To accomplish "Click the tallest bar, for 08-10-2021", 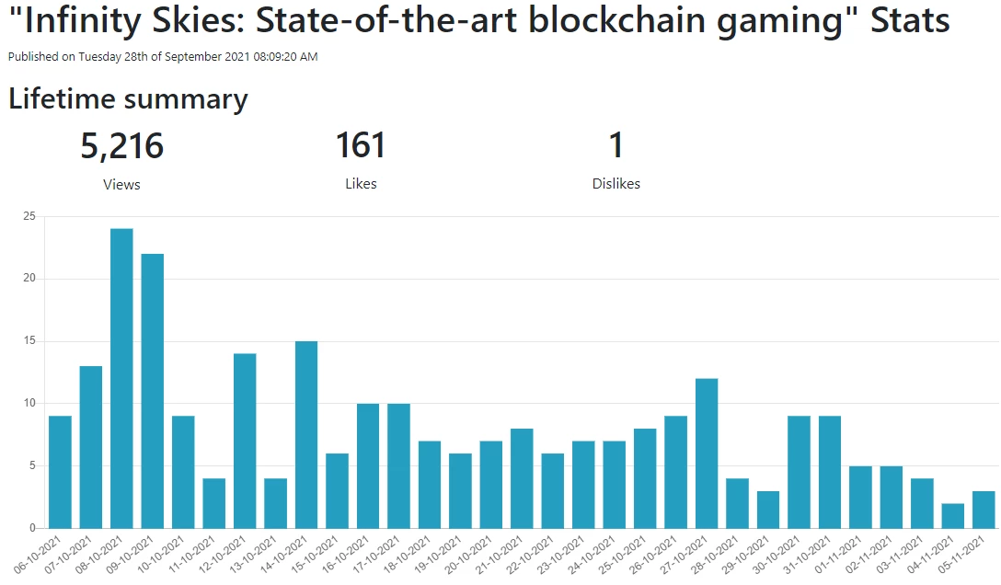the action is [x=121, y=378].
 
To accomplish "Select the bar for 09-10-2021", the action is [x=152, y=391].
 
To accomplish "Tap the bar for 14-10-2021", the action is [x=306, y=434].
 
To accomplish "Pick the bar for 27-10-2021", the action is [x=707, y=453].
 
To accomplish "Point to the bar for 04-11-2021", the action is [x=952, y=515].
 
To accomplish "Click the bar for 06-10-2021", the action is [x=60, y=472].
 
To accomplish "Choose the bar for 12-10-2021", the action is [x=245, y=441].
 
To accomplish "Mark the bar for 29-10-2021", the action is [x=768, y=510].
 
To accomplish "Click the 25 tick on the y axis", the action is [x=29, y=216].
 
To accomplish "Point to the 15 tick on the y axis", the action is [x=29, y=340].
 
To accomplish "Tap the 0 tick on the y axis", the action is [x=32, y=528].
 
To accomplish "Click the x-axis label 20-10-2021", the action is [x=468, y=555].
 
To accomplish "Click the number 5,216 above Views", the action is [x=122, y=146].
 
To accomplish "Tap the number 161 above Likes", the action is [x=361, y=145].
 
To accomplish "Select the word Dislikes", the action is [x=616, y=184].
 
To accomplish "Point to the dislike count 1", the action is [x=616, y=145].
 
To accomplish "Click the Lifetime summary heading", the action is [x=128, y=99].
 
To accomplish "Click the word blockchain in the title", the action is [x=616, y=20].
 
